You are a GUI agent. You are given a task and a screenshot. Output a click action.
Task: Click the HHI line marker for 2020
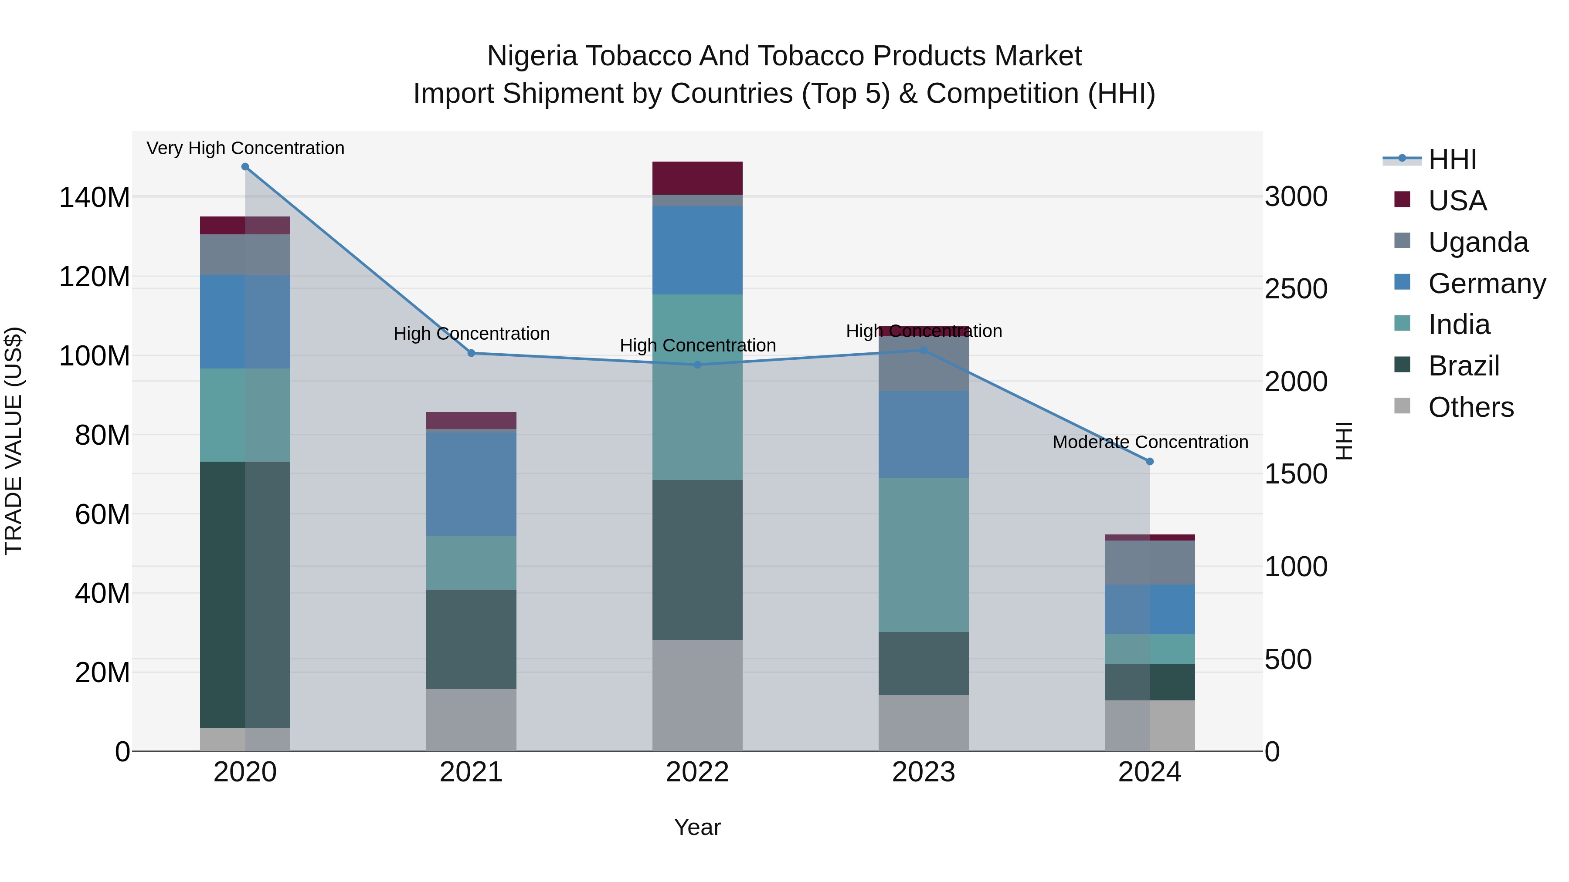coord(245,167)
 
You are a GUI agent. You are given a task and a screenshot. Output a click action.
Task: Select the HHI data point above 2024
coord(1149,461)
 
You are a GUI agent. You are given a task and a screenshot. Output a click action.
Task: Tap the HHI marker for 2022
coord(697,365)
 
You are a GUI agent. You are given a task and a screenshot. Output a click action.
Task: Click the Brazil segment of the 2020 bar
coord(245,594)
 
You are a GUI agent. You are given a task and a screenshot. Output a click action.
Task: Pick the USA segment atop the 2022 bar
coord(697,178)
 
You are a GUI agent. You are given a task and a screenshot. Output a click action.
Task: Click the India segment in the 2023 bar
coord(924,554)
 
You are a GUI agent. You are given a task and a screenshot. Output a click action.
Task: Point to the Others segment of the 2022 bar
coord(697,695)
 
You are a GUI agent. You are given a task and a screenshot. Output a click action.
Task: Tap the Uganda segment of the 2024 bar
coord(1149,562)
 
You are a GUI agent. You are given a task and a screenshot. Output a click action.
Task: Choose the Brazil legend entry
coord(1463,366)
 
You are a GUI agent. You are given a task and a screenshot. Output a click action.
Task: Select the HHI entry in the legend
coord(1452,159)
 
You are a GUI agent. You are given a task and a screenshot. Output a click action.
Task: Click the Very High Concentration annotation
coord(245,148)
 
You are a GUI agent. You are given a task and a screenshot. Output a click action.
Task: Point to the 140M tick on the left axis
coord(95,198)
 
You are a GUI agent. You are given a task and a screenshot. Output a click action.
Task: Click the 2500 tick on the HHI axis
coord(1296,289)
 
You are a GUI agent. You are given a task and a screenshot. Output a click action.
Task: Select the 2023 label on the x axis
coord(924,772)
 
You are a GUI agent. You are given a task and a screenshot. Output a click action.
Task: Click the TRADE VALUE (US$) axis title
coord(14,441)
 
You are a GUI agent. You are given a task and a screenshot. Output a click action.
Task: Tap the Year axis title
coord(697,827)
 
